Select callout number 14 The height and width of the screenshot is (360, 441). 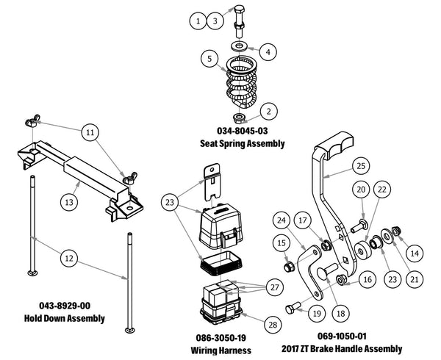pos(415,252)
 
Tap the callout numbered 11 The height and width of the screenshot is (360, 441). pos(89,132)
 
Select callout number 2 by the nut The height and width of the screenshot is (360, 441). pos(270,112)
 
